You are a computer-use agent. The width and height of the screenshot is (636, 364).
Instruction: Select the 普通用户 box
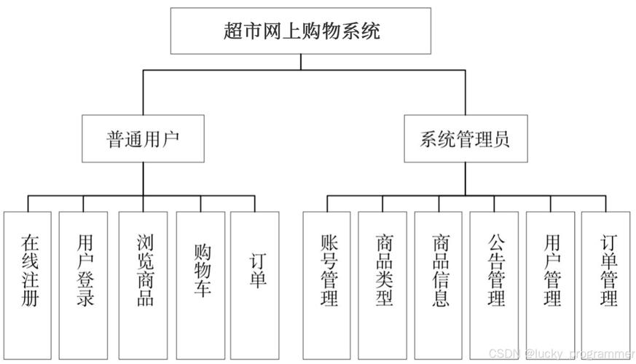point(142,138)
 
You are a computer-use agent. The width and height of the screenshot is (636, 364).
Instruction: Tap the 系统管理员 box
point(466,138)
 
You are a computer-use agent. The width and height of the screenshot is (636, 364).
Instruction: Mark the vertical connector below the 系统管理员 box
point(466,178)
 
